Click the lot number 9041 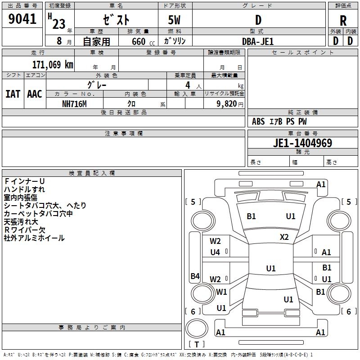click(22, 18)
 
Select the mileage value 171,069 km click(53, 65)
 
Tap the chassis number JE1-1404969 click(302, 143)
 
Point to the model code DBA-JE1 click(258, 41)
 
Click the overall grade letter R click(343, 21)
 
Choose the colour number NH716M click(74, 104)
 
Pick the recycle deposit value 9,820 click(227, 104)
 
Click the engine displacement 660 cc click(143, 41)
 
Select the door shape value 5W click(174, 20)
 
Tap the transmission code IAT click(13, 94)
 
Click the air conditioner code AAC click(35, 94)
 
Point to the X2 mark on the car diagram click(284, 237)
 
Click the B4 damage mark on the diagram click(195, 276)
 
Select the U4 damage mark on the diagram click(215, 252)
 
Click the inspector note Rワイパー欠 click(25, 230)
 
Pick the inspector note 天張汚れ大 click(21, 221)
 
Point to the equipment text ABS click(258, 121)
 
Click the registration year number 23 click(59, 24)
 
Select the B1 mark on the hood click(251, 216)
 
